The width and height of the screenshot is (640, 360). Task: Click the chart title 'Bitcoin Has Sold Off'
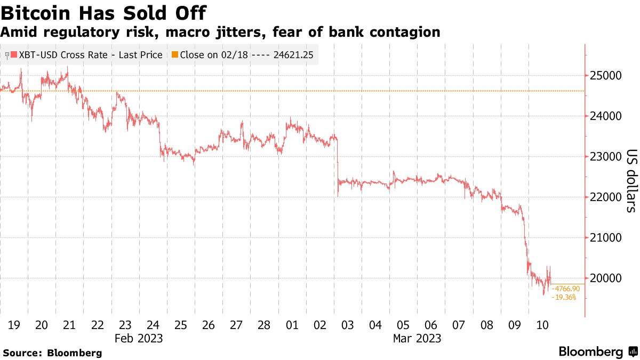[104, 12]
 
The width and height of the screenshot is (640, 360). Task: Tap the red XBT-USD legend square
[14, 55]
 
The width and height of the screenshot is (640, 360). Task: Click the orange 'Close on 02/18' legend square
[175, 55]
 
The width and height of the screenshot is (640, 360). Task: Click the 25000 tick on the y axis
[605, 76]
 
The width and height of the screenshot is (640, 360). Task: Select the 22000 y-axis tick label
[605, 197]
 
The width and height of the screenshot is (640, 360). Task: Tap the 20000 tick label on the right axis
[605, 278]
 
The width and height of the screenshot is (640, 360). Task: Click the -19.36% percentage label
[564, 297]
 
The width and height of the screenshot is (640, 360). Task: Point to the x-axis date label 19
[14, 325]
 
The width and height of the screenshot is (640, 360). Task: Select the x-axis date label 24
[153, 325]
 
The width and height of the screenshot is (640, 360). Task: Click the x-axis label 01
[292, 325]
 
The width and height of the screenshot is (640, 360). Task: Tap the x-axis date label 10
[542, 325]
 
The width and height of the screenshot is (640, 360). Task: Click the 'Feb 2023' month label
[138, 339]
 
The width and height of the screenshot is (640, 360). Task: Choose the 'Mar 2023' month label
[417, 339]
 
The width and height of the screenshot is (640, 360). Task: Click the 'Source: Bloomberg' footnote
[52, 353]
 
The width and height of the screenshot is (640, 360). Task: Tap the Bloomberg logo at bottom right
[597, 352]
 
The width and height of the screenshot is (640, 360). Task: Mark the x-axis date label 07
[459, 325]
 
